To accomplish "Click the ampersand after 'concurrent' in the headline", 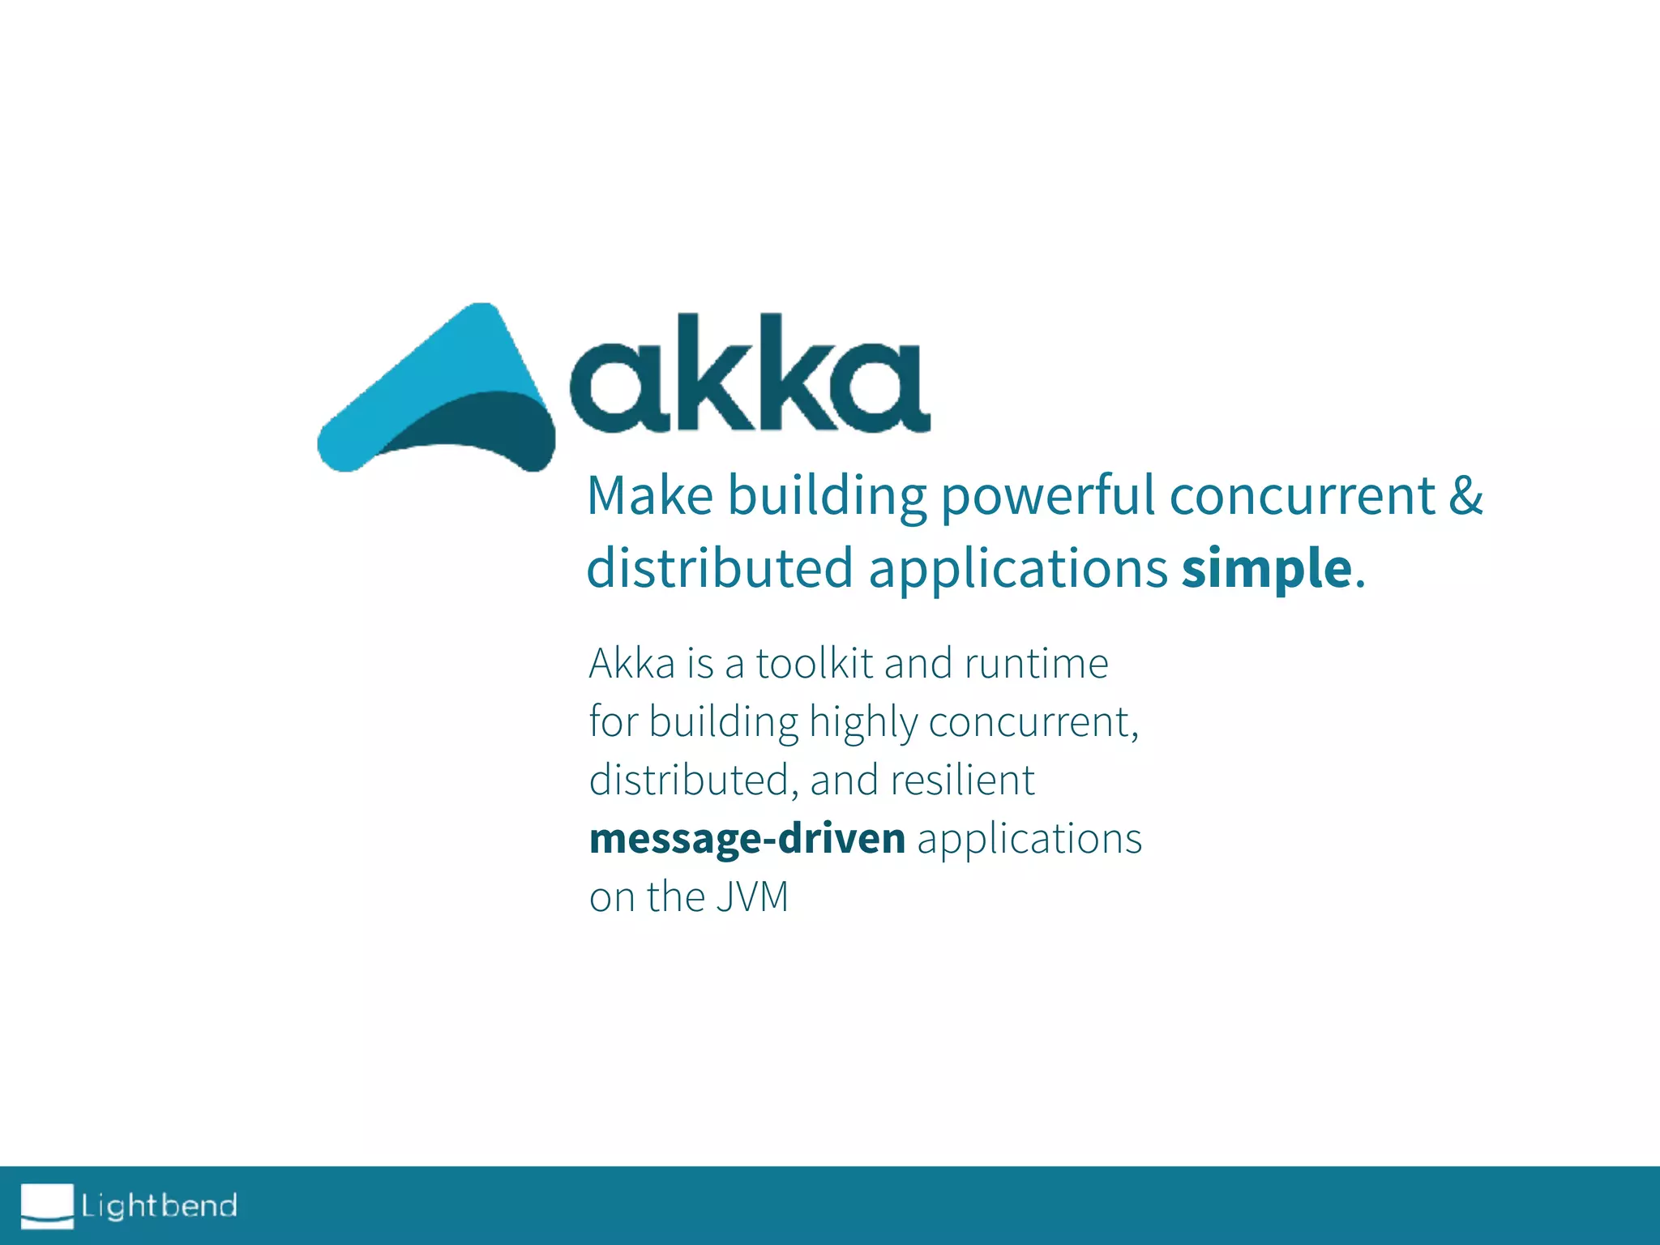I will pos(1465,495).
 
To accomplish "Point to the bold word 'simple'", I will pos(1267,567).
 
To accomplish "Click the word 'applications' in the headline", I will pos(1018,567).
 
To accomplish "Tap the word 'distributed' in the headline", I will pos(720,567).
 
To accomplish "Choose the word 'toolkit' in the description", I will pos(814,663).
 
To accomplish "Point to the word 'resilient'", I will pos(962,780).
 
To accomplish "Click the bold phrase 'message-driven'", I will pos(747,838).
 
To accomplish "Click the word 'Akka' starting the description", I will pos(632,663).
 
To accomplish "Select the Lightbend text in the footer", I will pos(159,1206).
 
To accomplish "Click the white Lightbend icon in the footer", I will pos(47,1205).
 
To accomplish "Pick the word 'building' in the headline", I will pos(827,495).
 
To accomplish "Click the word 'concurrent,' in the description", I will pos(1033,722).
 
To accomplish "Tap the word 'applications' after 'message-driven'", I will pos(1029,838).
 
